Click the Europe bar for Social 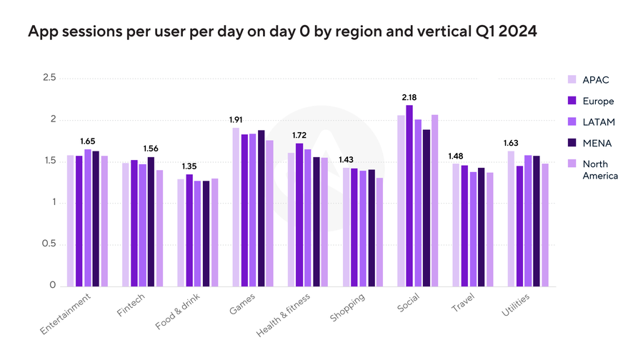coord(409,196)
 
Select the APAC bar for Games coord(235,207)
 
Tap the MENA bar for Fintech coord(151,221)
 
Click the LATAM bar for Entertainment coord(87,218)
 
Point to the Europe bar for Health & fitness coord(299,214)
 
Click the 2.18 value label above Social coord(409,96)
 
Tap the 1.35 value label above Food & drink coord(189,166)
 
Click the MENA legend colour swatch coord(572,143)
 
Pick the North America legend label coord(599,169)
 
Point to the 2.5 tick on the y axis coord(49,78)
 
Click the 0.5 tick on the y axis coord(49,244)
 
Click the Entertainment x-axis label coord(67,312)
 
